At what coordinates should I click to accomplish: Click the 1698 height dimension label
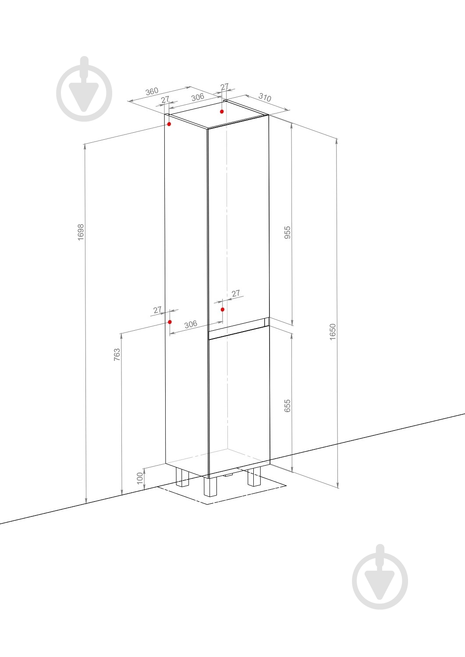tap(81, 232)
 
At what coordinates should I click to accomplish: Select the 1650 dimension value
tap(333, 332)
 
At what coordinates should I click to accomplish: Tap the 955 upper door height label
tap(288, 232)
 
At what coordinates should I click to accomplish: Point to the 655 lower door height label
tap(288, 406)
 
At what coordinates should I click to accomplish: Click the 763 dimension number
tap(117, 354)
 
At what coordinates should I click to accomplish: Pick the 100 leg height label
tap(140, 478)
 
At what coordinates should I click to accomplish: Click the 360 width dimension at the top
tap(152, 91)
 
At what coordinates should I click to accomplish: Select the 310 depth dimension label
tap(265, 97)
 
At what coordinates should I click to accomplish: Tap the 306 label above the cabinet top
tap(198, 97)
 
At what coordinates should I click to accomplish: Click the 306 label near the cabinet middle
tap(191, 324)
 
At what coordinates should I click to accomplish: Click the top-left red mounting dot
tap(169, 124)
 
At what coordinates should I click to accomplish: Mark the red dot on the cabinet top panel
tap(222, 111)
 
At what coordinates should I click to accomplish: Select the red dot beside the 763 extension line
tap(170, 322)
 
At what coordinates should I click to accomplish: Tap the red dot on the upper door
tap(223, 309)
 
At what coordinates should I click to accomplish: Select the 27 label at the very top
tap(224, 87)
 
